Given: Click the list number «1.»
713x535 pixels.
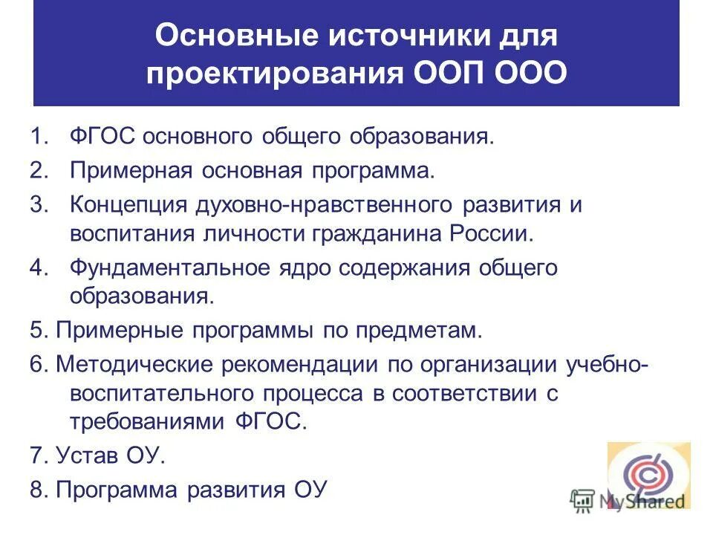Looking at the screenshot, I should tap(39, 137).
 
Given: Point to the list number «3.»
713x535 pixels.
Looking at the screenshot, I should tap(39, 204).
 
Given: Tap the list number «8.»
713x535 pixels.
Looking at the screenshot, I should tap(39, 490).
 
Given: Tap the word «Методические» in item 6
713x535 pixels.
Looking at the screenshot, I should tap(136, 364).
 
